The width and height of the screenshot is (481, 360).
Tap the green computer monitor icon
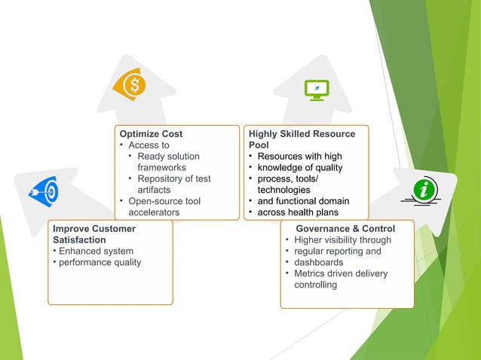315,90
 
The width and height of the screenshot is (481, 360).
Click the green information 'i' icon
424,191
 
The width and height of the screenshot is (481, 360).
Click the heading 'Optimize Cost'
151,134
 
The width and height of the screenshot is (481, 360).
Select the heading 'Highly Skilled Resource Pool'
302,139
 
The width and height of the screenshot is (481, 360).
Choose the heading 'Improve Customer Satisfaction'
94,233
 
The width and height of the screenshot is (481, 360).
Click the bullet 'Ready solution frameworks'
168,162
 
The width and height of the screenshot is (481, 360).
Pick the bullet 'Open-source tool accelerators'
164,206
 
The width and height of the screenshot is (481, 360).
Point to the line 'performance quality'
100,262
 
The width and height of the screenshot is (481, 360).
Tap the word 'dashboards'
320,263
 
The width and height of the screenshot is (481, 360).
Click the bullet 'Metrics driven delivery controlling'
340,279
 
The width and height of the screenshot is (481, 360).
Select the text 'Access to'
149,145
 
